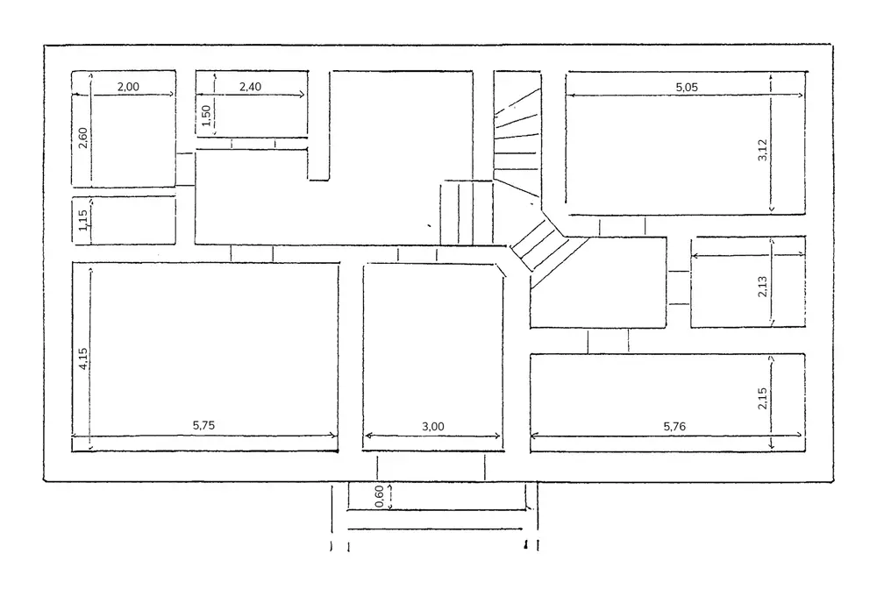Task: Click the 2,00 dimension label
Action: (128, 86)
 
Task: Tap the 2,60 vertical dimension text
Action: (82, 138)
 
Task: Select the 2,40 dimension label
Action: (251, 86)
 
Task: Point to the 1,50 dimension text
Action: (206, 115)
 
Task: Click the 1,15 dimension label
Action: (82, 219)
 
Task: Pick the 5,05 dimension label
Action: (687, 86)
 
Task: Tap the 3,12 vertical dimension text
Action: (762, 151)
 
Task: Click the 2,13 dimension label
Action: (762, 287)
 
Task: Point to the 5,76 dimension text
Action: (675, 426)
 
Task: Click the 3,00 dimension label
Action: (433, 426)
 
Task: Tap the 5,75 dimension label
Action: (203, 426)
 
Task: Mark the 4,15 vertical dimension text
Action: (82, 359)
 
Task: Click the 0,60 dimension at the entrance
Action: (379, 497)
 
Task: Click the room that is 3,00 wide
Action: (433, 351)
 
